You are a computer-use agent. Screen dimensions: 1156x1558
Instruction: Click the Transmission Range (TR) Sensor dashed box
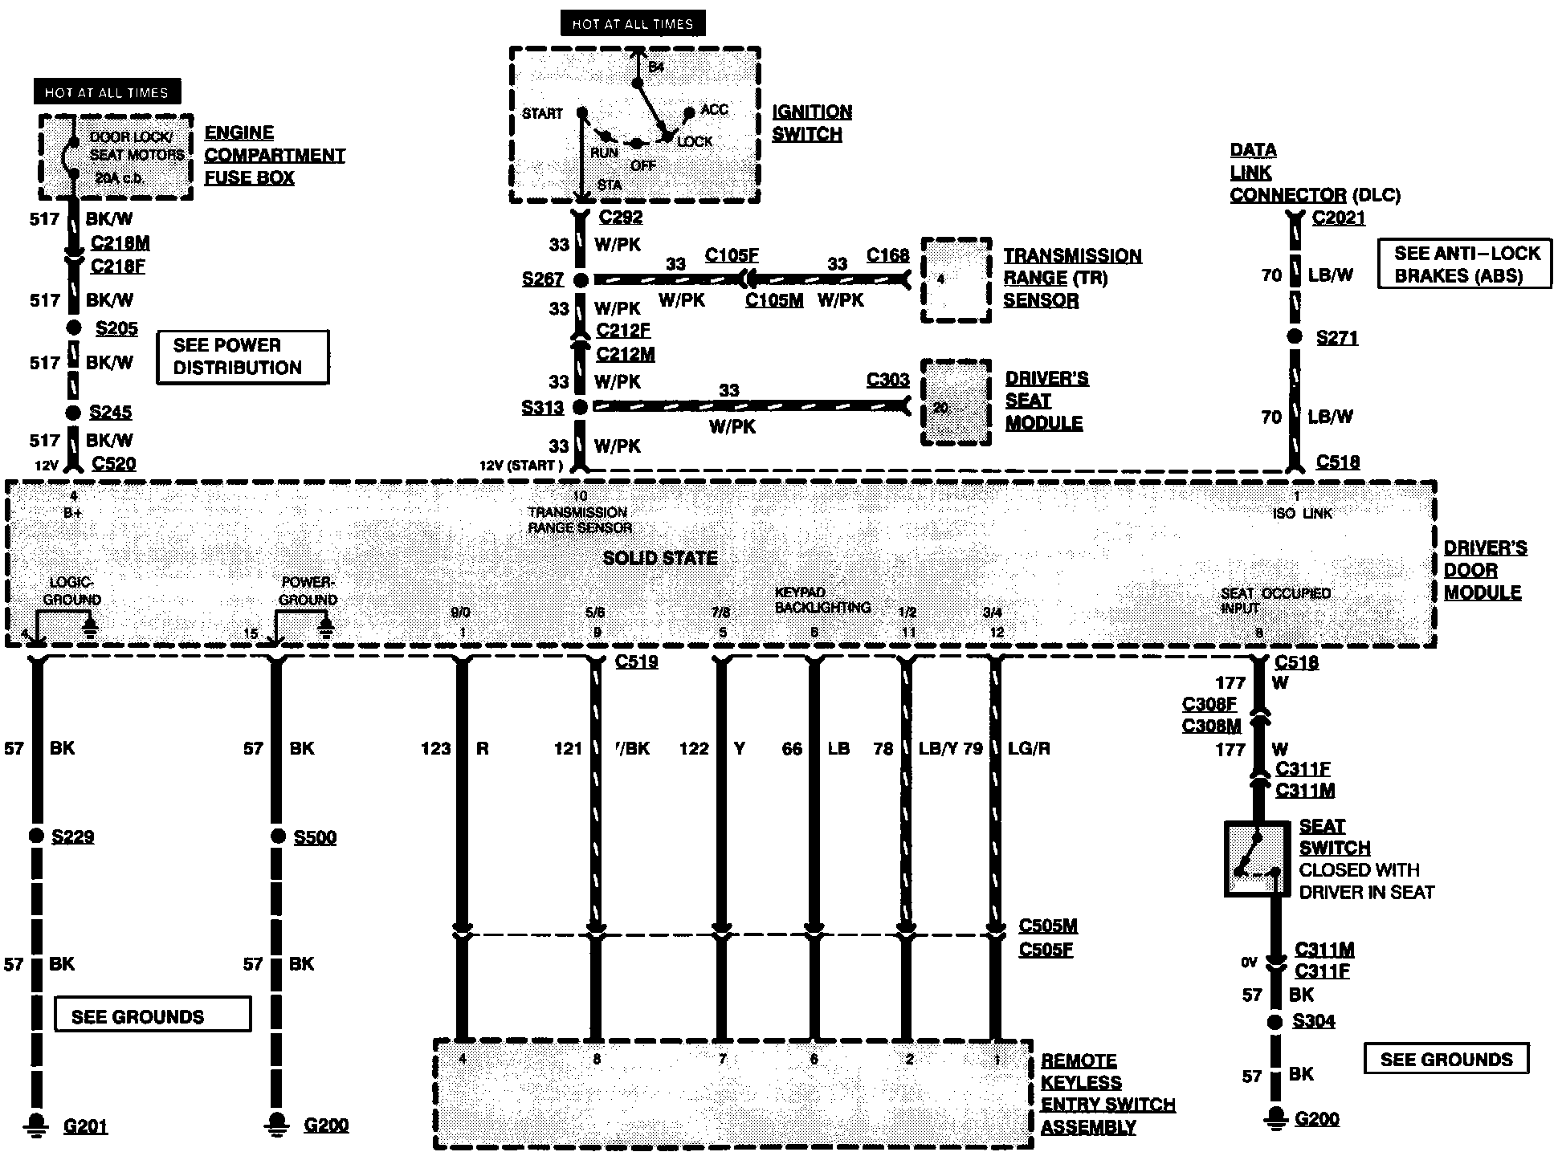[955, 279]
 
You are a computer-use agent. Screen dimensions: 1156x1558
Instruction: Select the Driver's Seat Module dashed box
[955, 402]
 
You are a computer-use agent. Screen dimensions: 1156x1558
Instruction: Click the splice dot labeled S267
[580, 279]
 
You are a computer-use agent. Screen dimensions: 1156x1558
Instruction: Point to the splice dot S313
[580, 407]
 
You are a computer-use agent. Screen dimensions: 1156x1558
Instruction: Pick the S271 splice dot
[1294, 337]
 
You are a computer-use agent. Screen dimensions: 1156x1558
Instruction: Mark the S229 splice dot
[36, 836]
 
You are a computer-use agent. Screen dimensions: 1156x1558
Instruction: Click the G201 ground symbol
[36, 1124]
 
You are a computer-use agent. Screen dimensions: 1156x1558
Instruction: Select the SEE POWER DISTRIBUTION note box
[242, 356]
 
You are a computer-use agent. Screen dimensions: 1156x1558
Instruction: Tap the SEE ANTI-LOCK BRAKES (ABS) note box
[1464, 264]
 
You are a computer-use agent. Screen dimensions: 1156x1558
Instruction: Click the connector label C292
[621, 217]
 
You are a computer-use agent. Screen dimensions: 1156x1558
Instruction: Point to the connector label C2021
[1338, 218]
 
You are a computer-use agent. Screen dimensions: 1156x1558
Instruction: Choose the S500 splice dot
[277, 836]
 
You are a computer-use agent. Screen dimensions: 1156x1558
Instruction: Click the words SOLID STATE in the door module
[659, 558]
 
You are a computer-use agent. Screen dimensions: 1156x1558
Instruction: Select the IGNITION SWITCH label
[812, 123]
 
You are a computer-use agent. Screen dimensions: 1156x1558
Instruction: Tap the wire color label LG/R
[1029, 748]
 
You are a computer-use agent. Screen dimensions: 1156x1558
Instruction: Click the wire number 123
[435, 748]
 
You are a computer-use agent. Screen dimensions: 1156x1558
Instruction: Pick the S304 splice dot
[1275, 1022]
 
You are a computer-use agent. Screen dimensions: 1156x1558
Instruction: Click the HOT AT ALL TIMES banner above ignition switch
[632, 24]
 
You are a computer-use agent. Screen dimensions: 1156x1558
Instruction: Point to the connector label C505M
[1047, 926]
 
